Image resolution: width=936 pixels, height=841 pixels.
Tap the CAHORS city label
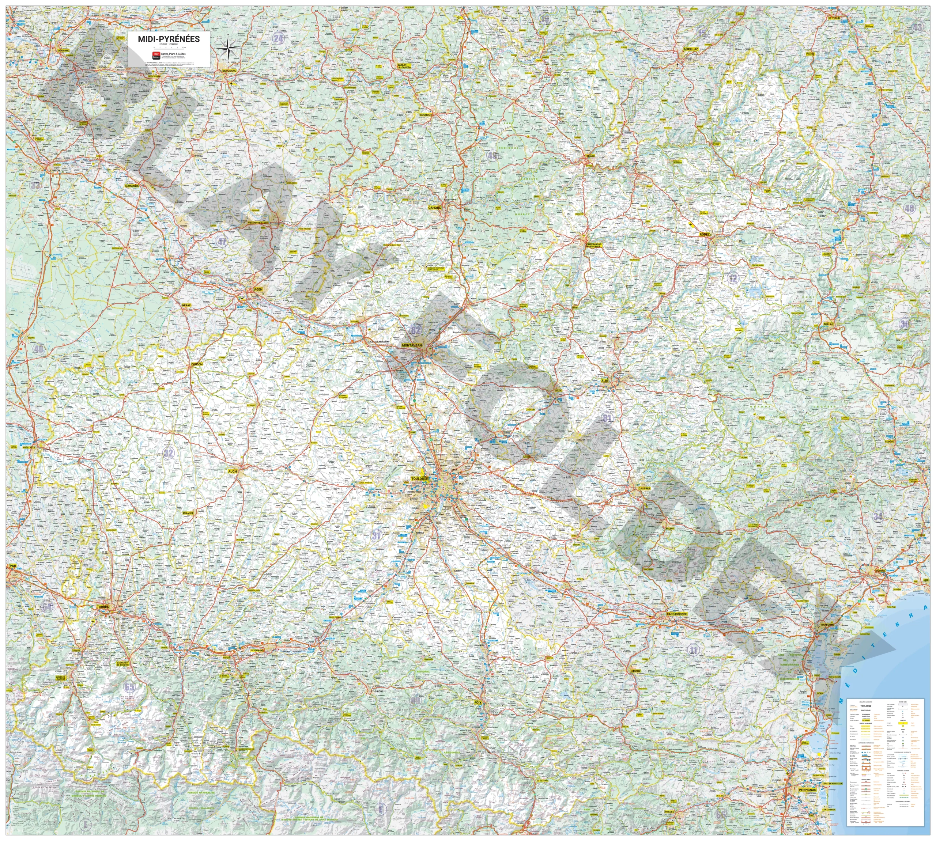coord(434,208)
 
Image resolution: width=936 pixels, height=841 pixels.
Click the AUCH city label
coord(232,471)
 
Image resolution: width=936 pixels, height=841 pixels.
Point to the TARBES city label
coord(103,606)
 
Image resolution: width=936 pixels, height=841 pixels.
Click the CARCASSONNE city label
coord(677,614)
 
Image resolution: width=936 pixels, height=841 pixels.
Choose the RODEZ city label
coord(705,234)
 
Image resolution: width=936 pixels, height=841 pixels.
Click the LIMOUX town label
coord(635,670)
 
